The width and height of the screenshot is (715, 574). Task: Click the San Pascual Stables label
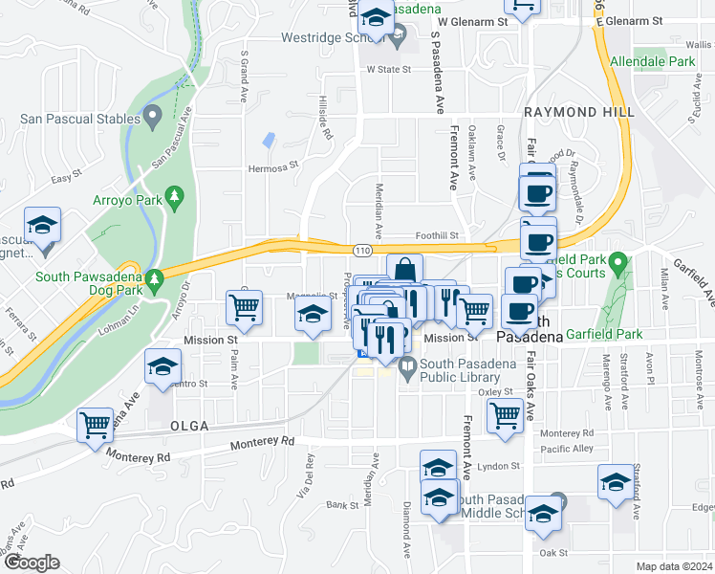[x=76, y=121]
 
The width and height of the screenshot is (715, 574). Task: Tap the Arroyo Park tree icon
[x=174, y=197]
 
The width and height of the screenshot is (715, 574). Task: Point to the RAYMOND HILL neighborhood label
[x=579, y=112]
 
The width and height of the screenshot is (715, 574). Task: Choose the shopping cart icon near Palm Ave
[x=245, y=309]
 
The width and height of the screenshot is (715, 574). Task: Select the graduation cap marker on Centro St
[x=163, y=366]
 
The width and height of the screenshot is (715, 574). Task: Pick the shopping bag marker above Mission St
[x=404, y=271]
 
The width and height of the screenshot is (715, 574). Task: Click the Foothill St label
[x=437, y=235]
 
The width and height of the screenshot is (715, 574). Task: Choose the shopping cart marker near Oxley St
[x=505, y=414]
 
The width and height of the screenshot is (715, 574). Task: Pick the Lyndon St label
[x=500, y=466]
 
